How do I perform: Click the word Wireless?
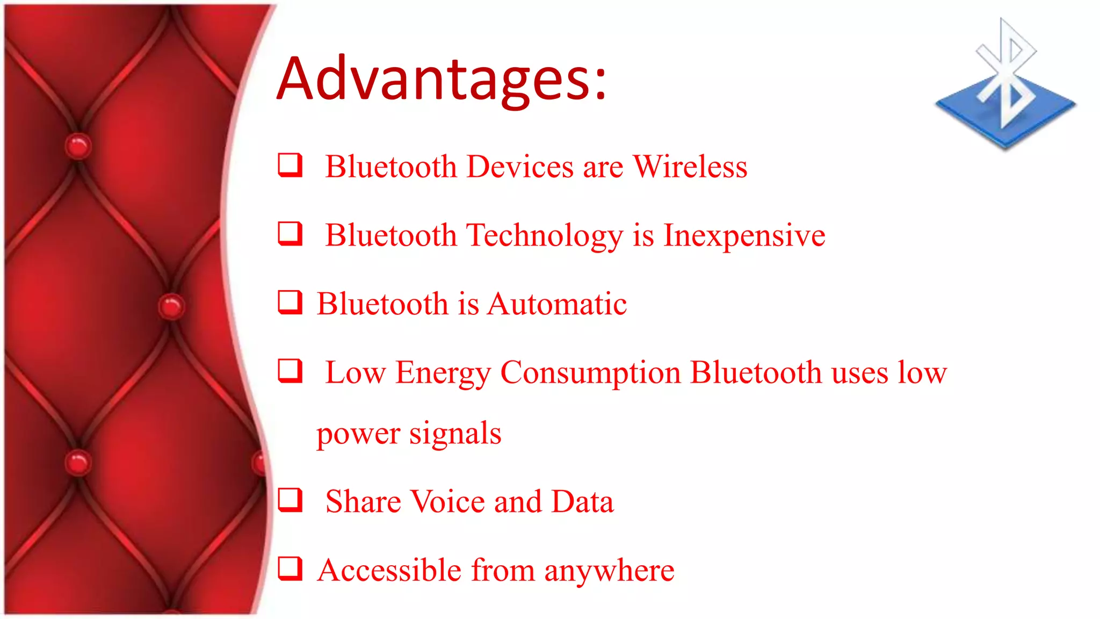(x=690, y=167)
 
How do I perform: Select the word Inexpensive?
(x=744, y=235)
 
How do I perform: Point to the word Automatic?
(x=557, y=304)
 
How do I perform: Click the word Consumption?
(x=590, y=373)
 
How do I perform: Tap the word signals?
(x=455, y=433)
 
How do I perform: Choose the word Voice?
(x=448, y=502)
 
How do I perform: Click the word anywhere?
(x=609, y=571)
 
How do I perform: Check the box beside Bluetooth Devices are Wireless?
(x=290, y=165)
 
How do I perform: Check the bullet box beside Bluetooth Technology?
(x=290, y=234)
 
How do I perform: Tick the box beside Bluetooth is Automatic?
(x=290, y=302)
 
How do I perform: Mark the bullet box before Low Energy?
(x=290, y=371)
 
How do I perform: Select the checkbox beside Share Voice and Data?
(x=290, y=500)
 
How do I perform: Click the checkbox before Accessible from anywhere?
(x=290, y=568)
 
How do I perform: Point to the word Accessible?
(x=389, y=571)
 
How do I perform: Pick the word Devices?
(x=520, y=167)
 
